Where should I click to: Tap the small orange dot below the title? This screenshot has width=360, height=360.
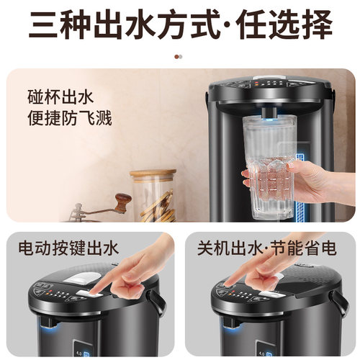coord(176,55)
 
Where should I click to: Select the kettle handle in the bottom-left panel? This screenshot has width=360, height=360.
coord(156,302)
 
